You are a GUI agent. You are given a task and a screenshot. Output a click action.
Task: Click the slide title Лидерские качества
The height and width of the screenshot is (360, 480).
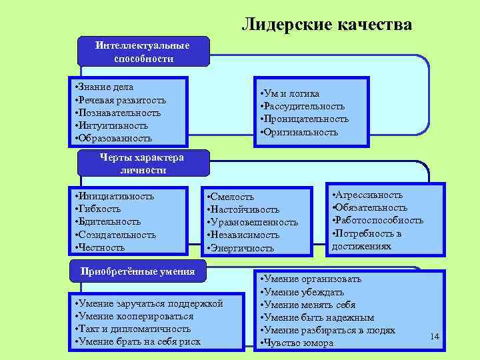[327, 25]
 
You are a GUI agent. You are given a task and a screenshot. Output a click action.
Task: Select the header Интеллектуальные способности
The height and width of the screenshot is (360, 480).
[143, 52]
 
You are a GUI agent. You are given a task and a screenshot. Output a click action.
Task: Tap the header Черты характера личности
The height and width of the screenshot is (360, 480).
[143, 164]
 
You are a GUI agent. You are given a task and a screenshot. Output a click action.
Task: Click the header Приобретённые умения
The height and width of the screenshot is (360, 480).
[138, 271]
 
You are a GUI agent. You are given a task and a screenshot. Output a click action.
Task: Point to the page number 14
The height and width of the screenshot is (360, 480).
[435, 336]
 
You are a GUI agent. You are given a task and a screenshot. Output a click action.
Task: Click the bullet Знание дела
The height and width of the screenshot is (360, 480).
[105, 87]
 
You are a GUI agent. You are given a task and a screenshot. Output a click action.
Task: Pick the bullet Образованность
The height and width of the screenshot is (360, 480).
[115, 139]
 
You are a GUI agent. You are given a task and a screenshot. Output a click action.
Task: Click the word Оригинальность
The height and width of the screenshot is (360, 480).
[301, 132]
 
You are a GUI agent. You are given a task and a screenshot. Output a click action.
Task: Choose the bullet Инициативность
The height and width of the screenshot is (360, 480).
[116, 196]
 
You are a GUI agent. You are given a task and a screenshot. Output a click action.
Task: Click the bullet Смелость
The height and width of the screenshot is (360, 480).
[232, 197]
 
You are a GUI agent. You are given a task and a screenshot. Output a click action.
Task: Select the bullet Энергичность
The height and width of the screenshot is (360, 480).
[241, 248]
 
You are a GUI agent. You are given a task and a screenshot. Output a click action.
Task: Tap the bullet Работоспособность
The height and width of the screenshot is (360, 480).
[379, 221]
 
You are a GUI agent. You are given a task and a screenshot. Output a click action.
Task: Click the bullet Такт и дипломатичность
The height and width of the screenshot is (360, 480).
[135, 329]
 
